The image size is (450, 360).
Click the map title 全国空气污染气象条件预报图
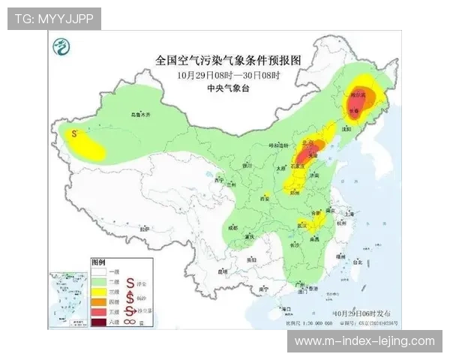point(228,59)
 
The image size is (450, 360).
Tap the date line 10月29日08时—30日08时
point(228,75)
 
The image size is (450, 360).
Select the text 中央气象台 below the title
point(228,88)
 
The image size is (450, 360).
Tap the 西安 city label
point(264,198)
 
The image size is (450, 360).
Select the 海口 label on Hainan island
point(283,309)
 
